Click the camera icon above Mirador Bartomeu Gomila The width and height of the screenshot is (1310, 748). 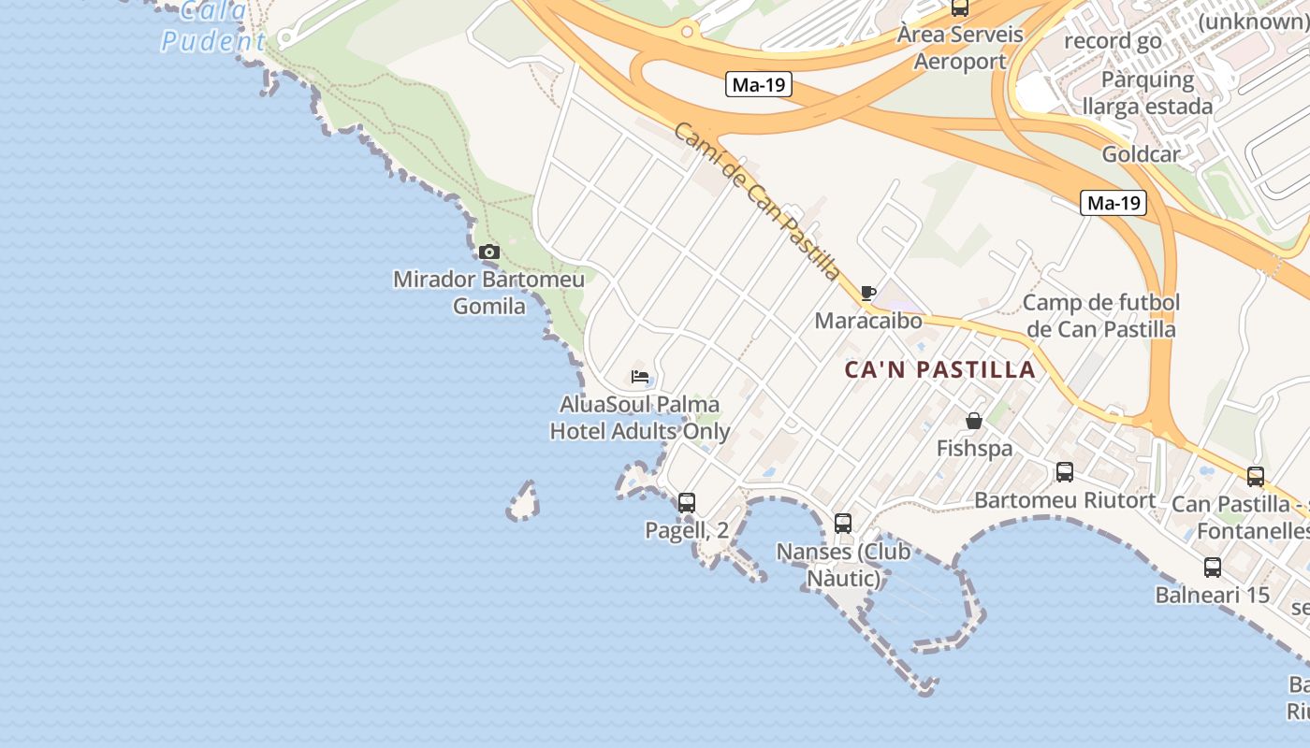[488, 252]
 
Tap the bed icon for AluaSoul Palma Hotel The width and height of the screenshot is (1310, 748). [640, 377]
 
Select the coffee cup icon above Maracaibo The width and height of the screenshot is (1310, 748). [868, 293]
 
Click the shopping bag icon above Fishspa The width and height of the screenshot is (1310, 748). [974, 421]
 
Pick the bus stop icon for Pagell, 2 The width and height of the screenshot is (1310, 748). [687, 502]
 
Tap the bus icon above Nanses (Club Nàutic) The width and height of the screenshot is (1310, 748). [843, 523]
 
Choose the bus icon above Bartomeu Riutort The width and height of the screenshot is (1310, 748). [1065, 472]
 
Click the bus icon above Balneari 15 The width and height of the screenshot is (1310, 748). [1213, 567]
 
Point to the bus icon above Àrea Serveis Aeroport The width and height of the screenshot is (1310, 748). [959, 7]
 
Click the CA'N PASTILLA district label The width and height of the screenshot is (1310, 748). [940, 369]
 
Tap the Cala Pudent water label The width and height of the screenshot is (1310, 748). [214, 27]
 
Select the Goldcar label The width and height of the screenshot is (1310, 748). [1141, 154]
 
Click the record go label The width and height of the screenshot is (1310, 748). [1113, 41]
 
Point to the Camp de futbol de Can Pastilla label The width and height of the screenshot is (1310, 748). [1101, 315]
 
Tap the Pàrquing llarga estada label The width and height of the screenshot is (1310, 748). [1147, 92]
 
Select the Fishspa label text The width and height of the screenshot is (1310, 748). [974, 449]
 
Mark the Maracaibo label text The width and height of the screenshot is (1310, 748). [868, 321]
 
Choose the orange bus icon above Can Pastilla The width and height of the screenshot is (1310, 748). [1256, 476]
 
